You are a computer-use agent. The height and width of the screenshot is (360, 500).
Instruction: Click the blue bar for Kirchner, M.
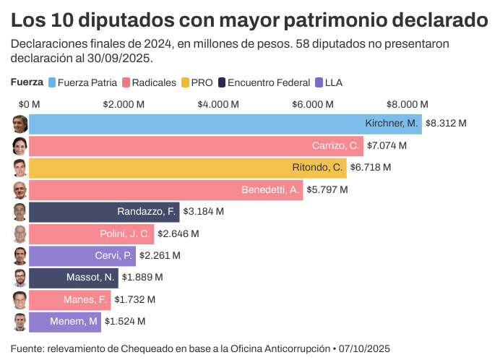217,123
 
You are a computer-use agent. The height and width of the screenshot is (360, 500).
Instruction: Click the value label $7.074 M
387,146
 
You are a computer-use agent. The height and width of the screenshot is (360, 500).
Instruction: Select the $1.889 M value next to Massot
142,277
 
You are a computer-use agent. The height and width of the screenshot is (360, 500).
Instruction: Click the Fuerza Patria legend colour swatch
52,82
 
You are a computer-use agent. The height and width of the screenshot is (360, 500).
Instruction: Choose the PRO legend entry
197,82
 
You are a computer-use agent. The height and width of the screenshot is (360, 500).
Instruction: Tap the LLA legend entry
327,82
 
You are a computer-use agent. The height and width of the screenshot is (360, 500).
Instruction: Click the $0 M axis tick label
29,104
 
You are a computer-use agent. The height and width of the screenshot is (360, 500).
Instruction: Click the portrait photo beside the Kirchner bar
20,124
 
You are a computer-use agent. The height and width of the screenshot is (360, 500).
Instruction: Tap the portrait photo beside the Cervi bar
20,255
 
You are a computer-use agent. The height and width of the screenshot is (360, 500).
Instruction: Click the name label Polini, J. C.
125,233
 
